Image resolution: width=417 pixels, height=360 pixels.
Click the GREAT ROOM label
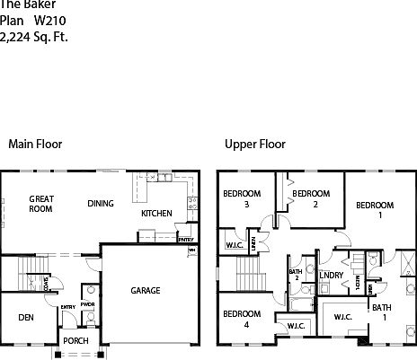coord(41,204)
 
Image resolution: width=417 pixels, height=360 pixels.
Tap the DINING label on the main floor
coord(101,204)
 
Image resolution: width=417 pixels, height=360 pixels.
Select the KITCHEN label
coord(157,214)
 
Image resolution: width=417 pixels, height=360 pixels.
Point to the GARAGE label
coord(146,291)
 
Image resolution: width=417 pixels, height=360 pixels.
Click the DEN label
coord(26,317)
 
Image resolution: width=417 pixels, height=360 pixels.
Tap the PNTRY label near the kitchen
coord(186,240)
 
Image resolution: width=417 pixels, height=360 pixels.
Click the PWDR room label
coord(87,303)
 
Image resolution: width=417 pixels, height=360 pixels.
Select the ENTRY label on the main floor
coord(68,308)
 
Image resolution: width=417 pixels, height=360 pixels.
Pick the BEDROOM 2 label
coord(311,198)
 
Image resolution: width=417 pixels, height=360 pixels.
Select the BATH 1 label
coord(382,312)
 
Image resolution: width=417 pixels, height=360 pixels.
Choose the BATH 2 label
coord(295,274)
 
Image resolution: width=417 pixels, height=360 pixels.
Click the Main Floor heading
coord(34,144)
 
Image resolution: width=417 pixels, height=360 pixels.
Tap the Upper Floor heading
coord(255,144)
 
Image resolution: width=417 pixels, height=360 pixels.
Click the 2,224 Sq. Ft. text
coord(33,37)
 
